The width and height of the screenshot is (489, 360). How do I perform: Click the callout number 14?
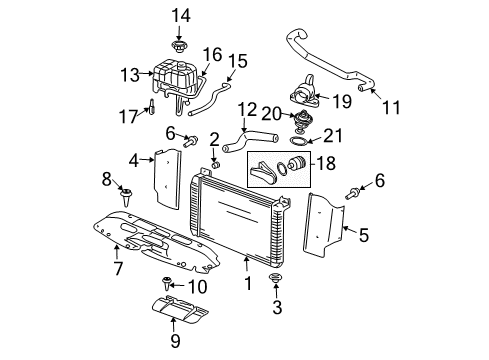[179, 14]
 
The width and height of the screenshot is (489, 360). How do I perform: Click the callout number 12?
[247, 109]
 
